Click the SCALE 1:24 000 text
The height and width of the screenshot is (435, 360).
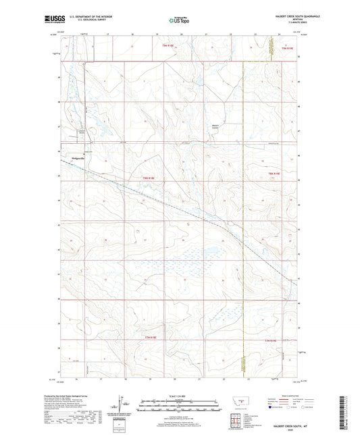point(178,396)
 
